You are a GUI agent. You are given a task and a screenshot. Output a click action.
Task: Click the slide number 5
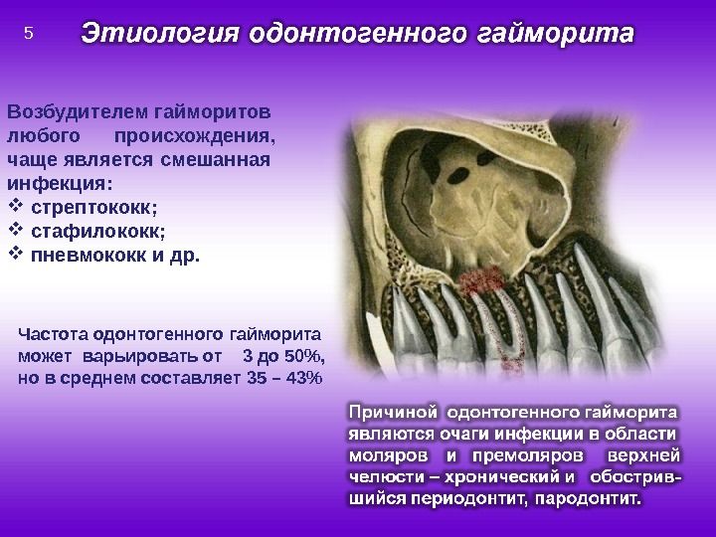[x=29, y=33]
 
